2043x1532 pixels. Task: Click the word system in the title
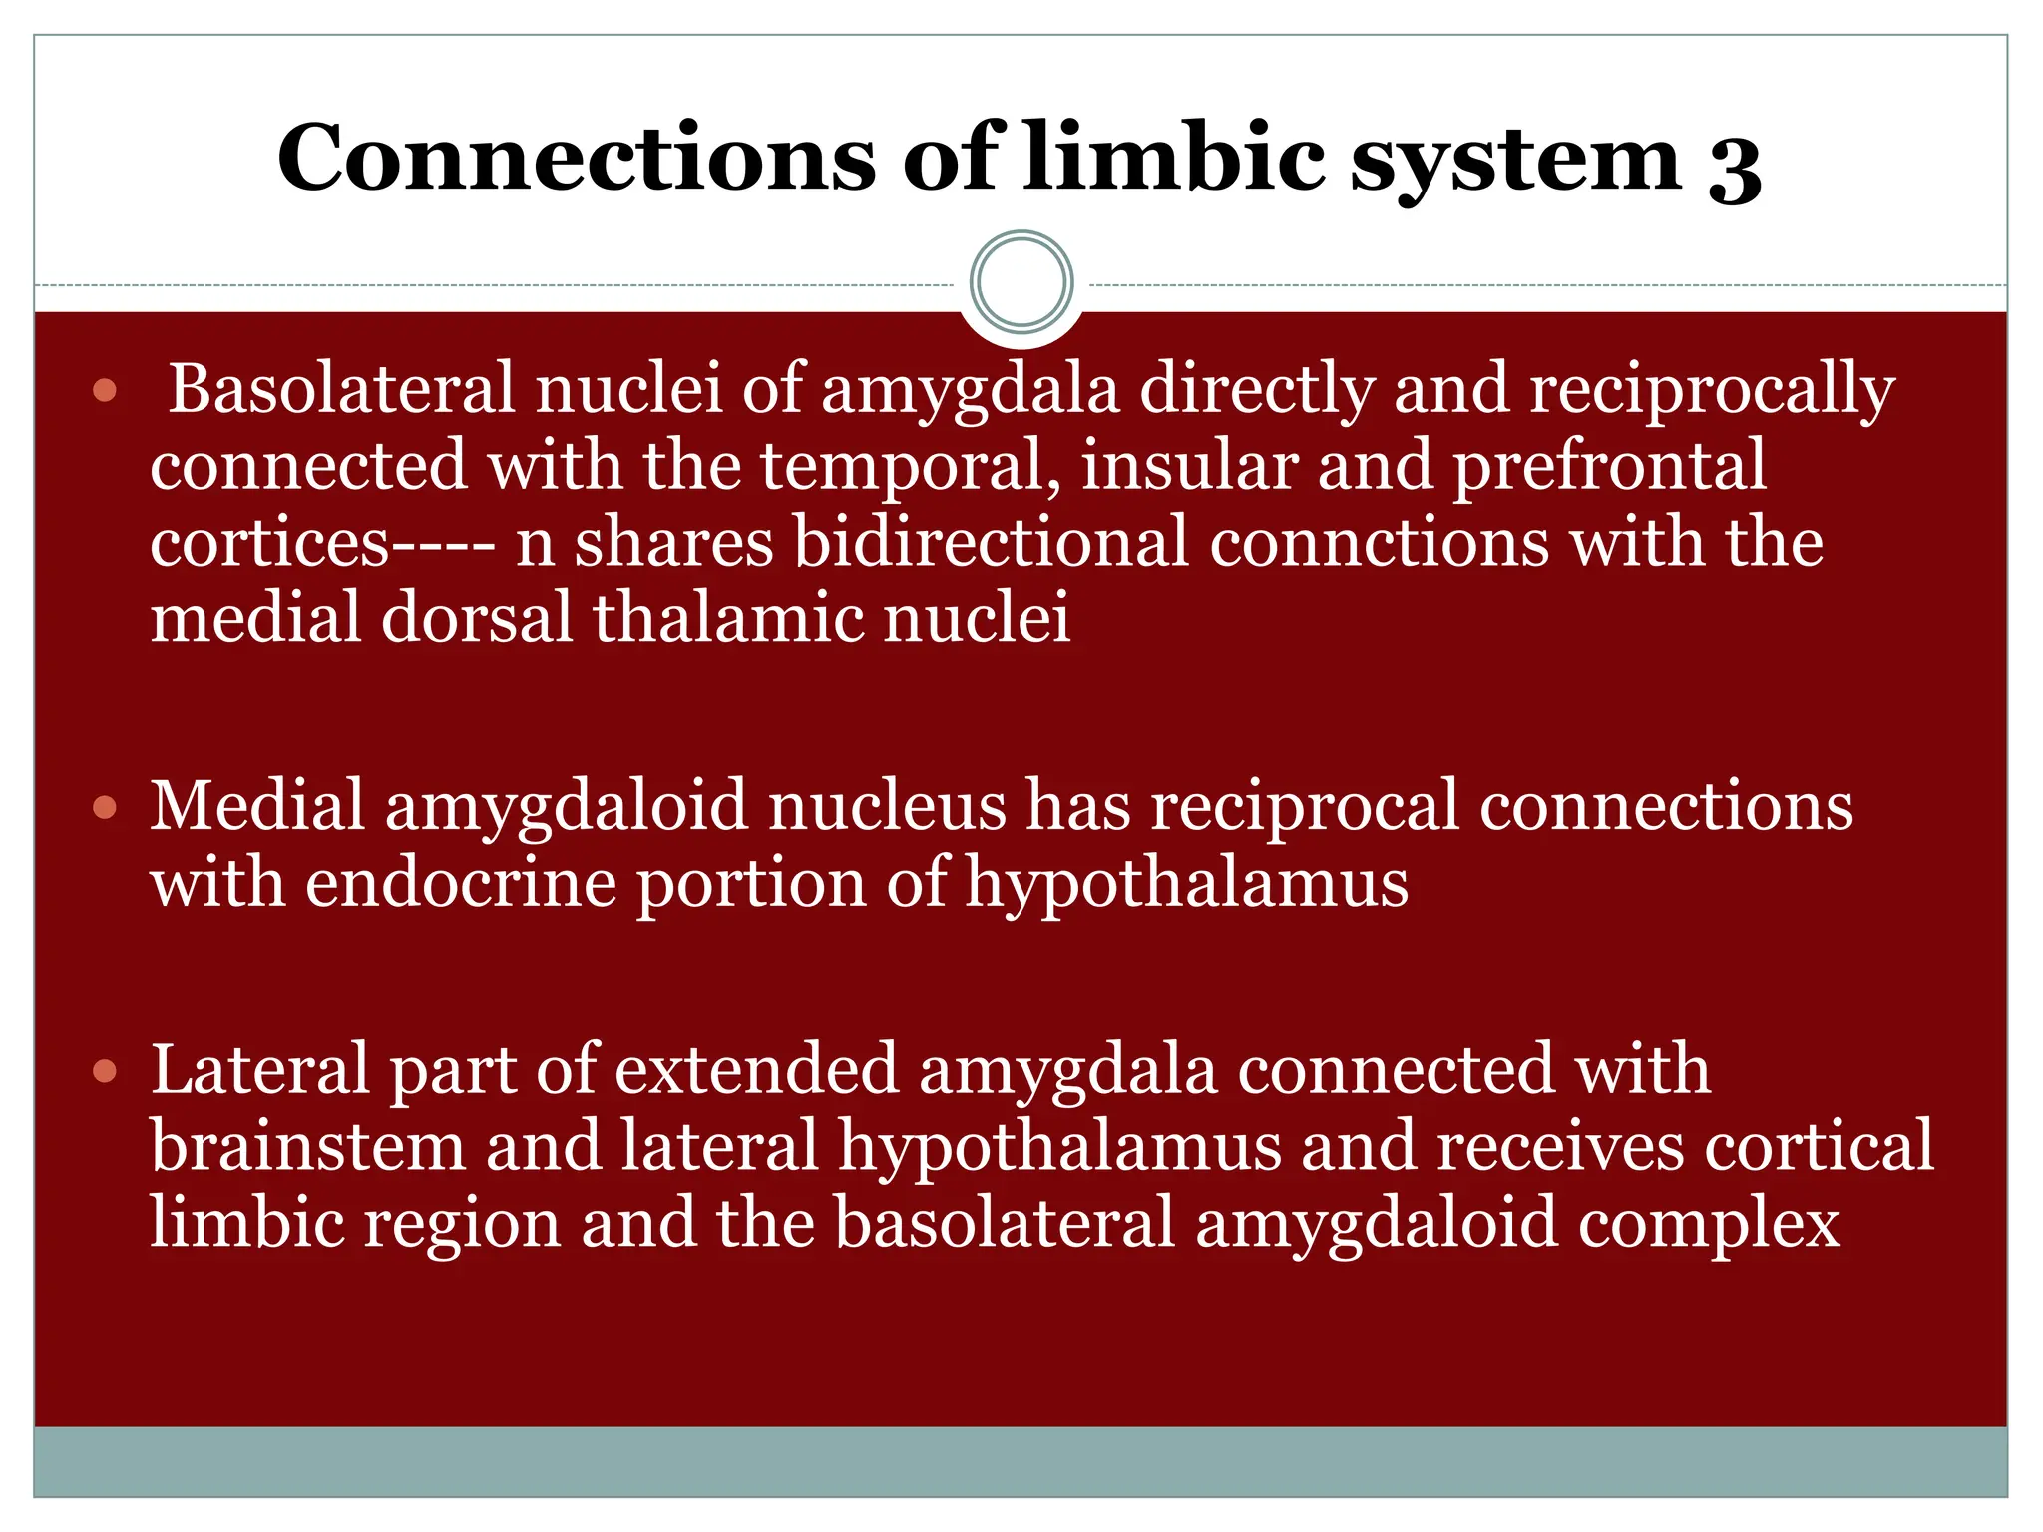pyautogui.click(x=1516, y=160)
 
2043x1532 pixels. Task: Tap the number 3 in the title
pyautogui.click(x=1735, y=165)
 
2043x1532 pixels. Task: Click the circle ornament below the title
pyautogui.click(x=1021, y=282)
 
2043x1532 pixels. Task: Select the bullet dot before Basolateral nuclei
pyautogui.click(x=105, y=390)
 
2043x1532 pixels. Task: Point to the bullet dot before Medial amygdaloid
pyautogui.click(x=105, y=807)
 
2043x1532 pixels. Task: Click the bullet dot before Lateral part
pyautogui.click(x=105, y=1072)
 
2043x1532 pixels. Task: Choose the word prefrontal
pyautogui.click(x=1609, y=467)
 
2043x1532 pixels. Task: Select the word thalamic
pyautogui.click(x=728, y=618)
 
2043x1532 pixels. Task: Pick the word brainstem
pyautogui.click(x=307, y=1147)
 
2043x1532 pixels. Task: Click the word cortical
pyautogui.click(x=1818, y=1147)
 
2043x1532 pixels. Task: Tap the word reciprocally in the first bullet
pyautogui.click(x=1712, y=390)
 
